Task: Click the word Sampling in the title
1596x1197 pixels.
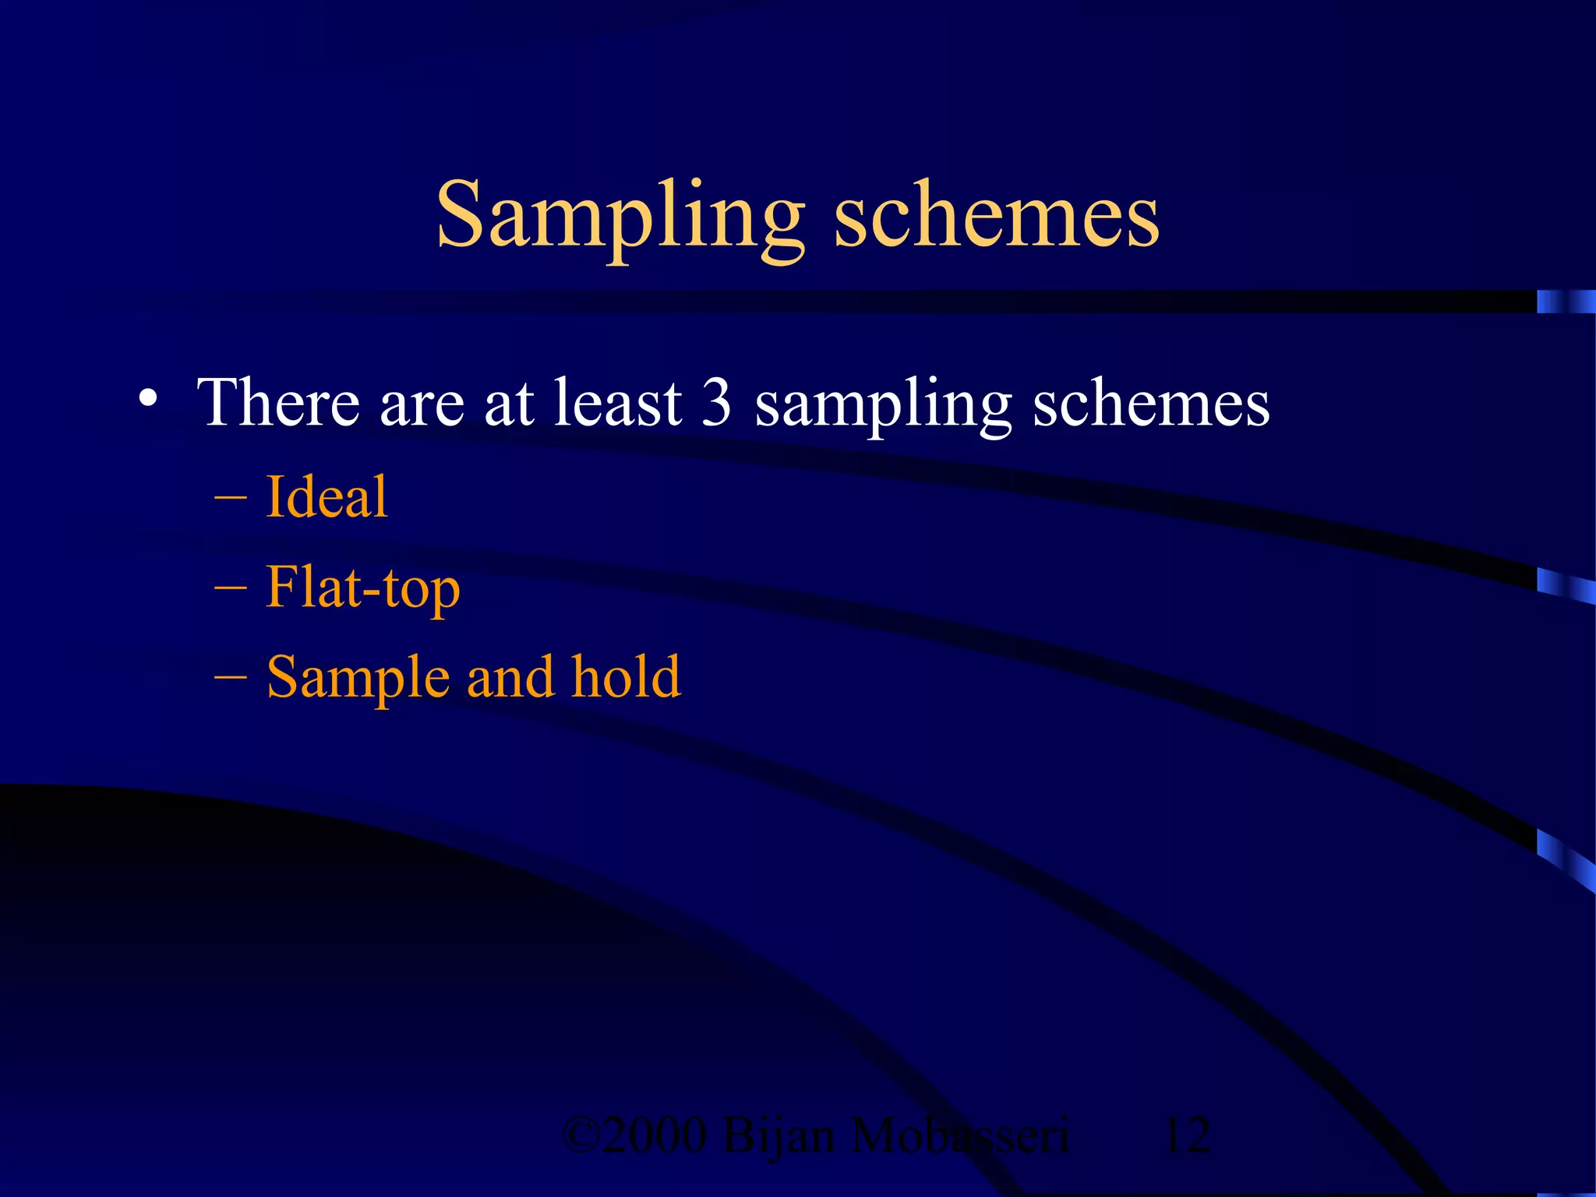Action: [620, 216]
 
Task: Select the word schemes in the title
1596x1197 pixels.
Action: [997, 216]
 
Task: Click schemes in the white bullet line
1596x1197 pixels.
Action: [1151, 404]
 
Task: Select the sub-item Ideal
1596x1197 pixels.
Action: [327, 496]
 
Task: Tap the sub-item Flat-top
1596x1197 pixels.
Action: [363, 588]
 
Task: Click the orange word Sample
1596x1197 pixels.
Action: [358, 678]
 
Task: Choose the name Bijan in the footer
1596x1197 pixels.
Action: [779, 1136]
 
